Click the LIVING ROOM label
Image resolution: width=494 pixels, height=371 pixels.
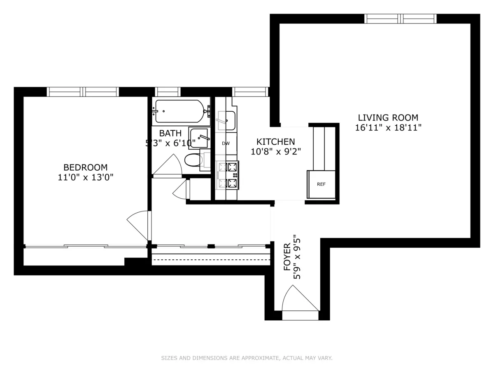[x=388, y=117]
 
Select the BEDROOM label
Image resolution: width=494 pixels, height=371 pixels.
[x=85, y=167]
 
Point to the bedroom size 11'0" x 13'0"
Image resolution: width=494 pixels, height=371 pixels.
[x=85, y=178]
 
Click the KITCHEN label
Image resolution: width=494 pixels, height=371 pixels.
[x=275, y=141]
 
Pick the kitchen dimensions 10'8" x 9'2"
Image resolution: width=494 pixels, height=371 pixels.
[x=275, y=151]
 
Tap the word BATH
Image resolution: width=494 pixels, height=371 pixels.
[x=170, y=133]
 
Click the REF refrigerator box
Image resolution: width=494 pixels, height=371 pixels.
[x=321, y=184]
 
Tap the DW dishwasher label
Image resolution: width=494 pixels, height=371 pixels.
[x=226, y=143]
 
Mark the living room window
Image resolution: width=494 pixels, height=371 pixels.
[x=400, y=19]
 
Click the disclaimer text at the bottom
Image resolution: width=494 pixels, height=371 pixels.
[x=247, y=358]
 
